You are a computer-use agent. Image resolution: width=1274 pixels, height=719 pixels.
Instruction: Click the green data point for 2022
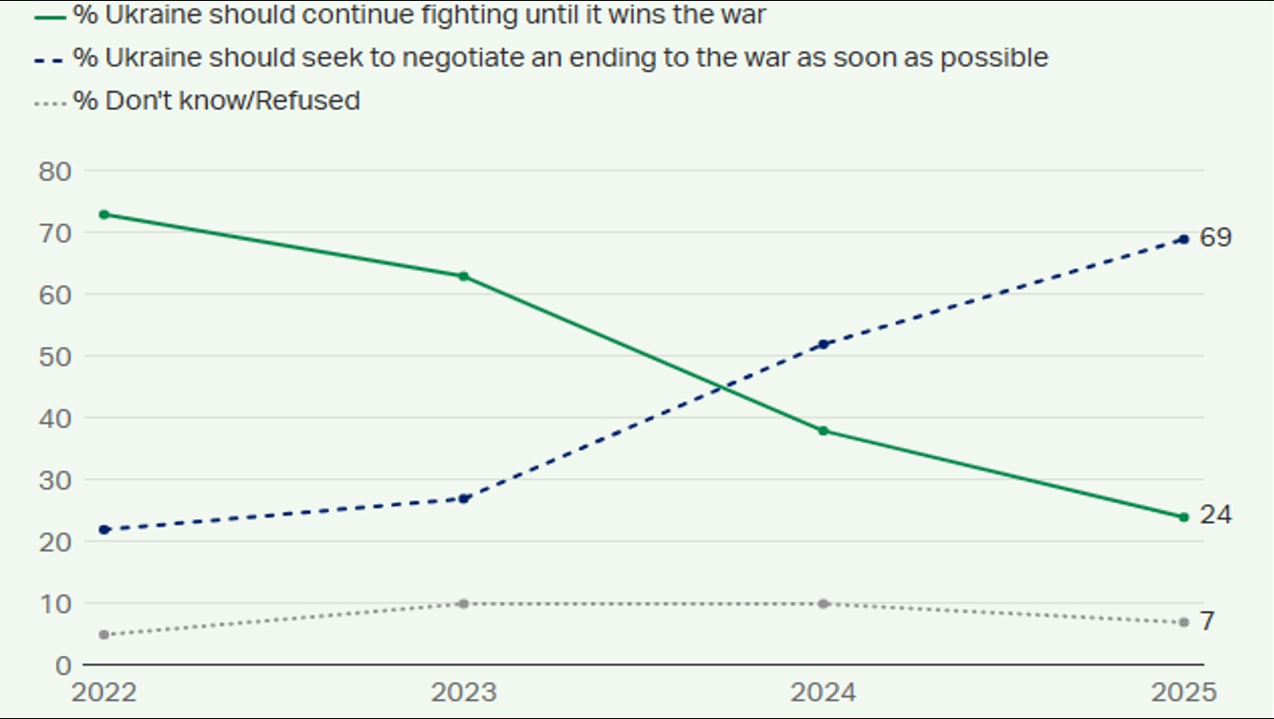[x=104, y=215]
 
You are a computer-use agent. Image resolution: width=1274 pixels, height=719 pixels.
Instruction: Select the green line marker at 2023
[x=463, y=277]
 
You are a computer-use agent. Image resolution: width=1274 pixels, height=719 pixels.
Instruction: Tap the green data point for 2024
[x=823, y=431]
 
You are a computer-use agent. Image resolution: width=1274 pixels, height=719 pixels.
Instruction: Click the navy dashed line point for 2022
[x=104, y=530]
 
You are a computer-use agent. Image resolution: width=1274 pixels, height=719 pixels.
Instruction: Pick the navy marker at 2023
[x=463, y=499]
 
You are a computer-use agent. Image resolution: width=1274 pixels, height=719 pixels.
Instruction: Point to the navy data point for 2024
[x=823, y=344]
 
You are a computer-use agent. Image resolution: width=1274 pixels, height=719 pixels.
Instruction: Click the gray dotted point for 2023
[x=463, y=604]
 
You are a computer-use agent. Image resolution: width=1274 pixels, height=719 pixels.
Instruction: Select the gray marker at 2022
[x=104, y=635]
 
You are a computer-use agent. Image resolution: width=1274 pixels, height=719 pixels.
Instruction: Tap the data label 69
[x=1216, y=238]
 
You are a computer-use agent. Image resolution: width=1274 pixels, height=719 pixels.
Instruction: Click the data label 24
[x=1216, y=516]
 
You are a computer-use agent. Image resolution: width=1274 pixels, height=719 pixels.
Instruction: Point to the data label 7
[x=1207, y=622]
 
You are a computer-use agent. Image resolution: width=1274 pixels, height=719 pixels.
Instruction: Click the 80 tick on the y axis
[x=56, y=172]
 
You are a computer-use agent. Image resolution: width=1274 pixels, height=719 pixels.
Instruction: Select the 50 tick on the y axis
[x=56, y=356]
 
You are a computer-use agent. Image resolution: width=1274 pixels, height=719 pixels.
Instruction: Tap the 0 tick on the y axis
[x=64, y=666]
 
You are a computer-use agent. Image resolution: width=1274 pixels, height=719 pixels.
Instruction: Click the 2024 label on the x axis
[x=823, y=693]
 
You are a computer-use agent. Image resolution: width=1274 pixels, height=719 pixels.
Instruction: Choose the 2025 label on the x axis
[x=1182, y=693]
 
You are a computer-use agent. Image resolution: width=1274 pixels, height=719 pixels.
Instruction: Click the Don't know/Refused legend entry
[x=217, y=100]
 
